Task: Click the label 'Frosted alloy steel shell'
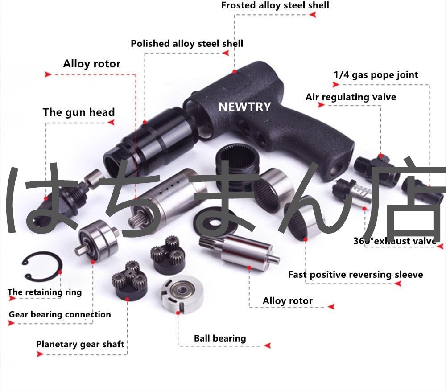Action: (275, 5)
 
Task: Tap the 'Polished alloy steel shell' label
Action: (187, 44)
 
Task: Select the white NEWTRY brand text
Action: (244, 107)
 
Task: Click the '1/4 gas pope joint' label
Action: (376, 74)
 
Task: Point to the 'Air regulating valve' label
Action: (351, 97)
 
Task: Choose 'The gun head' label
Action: (78, 112)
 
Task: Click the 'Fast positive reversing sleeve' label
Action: (355, 274)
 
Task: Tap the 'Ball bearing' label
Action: (220, 338)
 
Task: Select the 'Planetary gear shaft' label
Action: (80, 344)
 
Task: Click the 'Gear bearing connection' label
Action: (60, 314)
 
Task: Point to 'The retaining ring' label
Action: (45, 292)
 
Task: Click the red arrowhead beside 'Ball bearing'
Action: (268, 346)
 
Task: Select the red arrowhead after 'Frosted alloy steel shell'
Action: (313, 15)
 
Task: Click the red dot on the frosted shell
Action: (234, 71)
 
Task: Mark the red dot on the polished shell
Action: (145, 121)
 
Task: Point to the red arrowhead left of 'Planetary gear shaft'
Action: (40, 354)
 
